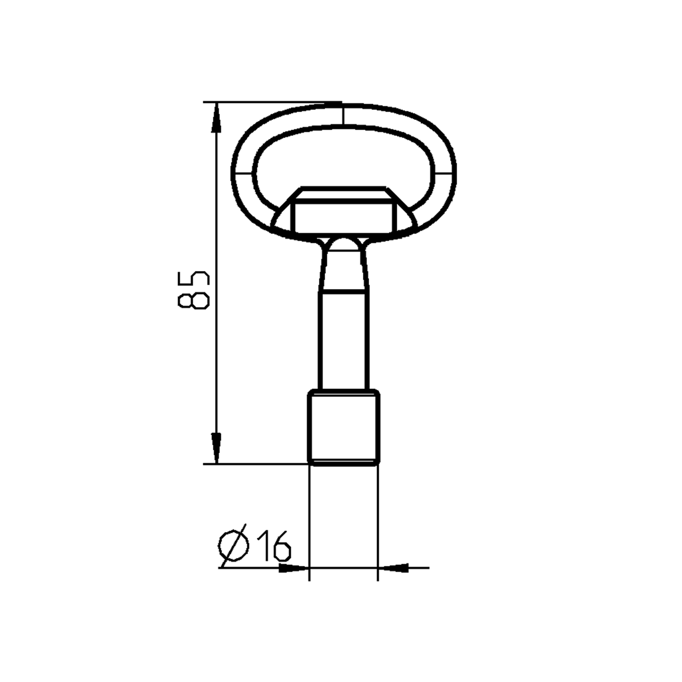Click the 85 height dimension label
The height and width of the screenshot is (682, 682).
point(194,290)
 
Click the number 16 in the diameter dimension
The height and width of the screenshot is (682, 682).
point(273,546)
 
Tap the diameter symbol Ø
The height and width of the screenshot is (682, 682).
point(234,546)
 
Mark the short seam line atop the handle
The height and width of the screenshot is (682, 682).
point(342,115)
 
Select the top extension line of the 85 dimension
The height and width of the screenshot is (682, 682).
point(266,103)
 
